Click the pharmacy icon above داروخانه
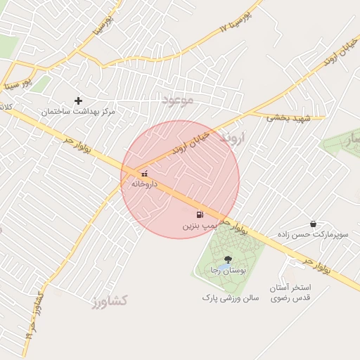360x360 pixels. (144, 173)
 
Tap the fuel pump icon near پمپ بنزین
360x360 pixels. (200, 214)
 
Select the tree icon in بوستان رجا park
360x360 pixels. (227, 259)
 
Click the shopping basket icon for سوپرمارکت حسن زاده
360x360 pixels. (313, 224)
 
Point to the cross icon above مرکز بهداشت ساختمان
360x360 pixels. (78, 101)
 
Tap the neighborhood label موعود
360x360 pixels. (177, 100)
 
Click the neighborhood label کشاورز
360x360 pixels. (109, 301)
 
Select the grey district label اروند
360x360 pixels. (235, 136)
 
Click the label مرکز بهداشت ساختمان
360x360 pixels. (78, 112)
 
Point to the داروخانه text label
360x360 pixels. (144, 184)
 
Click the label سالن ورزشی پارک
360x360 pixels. (231, 298)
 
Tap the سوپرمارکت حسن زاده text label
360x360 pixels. (314, 234)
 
